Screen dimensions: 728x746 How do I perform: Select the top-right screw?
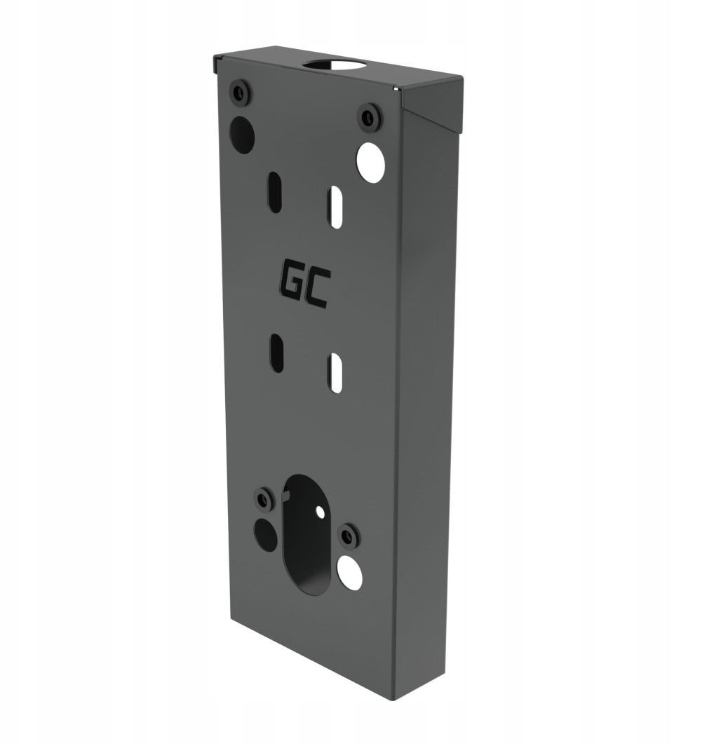369,118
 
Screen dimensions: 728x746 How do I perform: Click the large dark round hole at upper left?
242,134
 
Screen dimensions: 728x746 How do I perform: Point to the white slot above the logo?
335,208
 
